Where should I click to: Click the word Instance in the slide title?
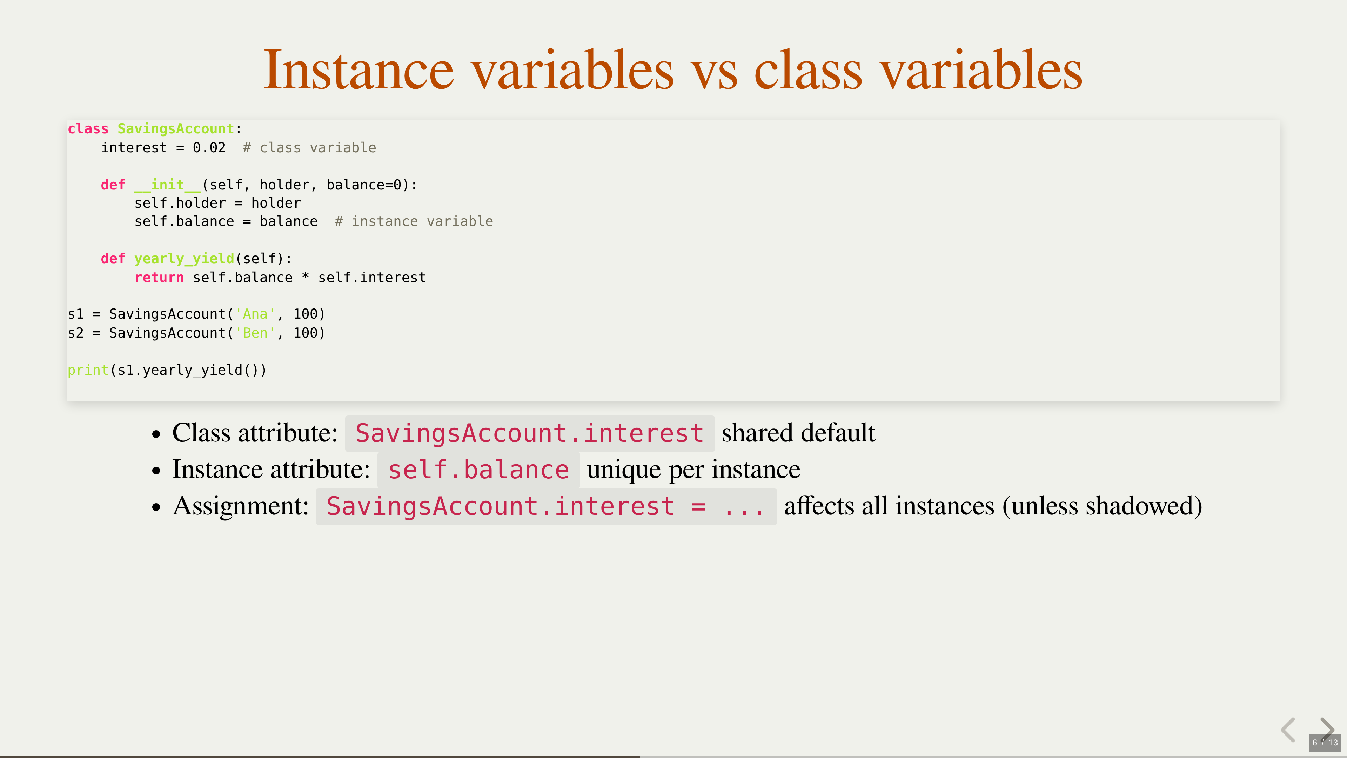point(358,69)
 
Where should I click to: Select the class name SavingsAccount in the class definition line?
point(176,129)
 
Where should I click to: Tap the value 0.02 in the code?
point(209,147)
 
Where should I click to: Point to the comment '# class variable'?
point(309,147)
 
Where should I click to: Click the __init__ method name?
point(167,185)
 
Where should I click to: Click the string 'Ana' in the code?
point(255,314)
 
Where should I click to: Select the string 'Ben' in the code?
point(255,333)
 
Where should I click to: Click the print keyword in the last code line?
point(88,370)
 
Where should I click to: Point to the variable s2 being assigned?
point(76,333)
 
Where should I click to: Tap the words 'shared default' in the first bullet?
point(798,433)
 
